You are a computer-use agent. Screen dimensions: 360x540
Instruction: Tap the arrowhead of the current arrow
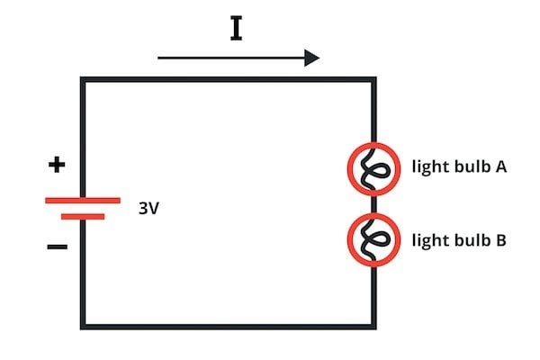[x=311, y=58]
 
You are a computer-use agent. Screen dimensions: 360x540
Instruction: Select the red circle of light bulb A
[x=354, y=168]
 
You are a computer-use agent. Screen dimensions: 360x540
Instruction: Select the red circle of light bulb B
[x=354, y=240]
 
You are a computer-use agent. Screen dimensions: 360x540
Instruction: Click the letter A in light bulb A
[x=502, y=166]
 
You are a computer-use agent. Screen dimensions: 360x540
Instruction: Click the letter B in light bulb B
[x=501, y=240]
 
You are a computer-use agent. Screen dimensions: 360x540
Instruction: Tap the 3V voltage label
[x=149, y=208]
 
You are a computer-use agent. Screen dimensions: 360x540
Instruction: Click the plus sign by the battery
[x=57, y=166]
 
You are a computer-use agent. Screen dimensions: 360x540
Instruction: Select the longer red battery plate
[x=83, y=200]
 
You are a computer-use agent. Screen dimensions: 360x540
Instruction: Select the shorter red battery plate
[x=83, y=216]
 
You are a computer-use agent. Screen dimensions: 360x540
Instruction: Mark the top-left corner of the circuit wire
[x=84, y=81]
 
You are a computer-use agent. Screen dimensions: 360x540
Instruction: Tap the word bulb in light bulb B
[x=469, y=240]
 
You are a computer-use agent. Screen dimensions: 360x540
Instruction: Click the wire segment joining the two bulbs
[x=373, y=204]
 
